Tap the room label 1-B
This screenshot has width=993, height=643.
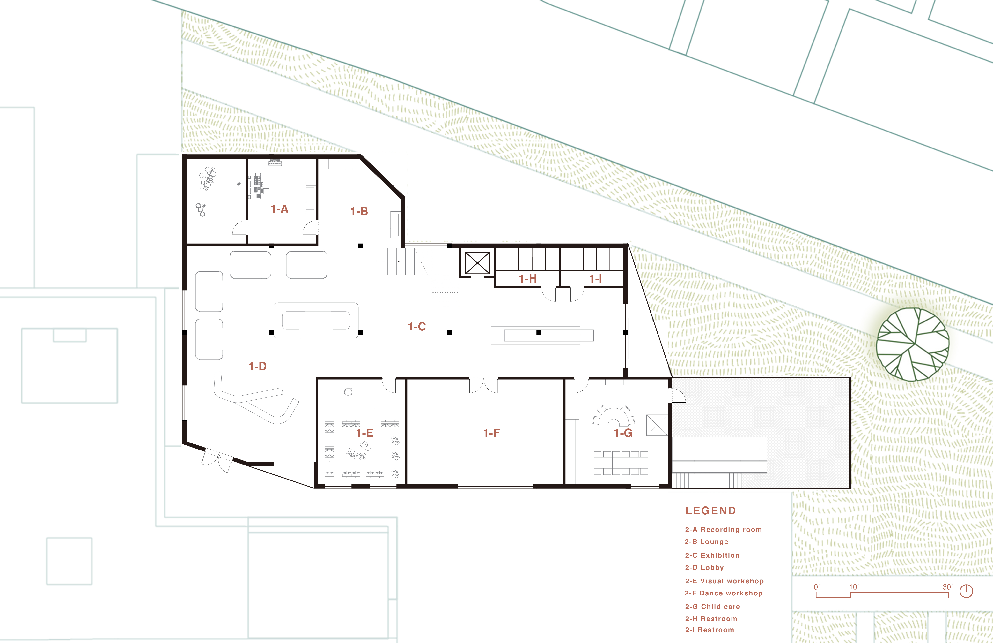(x=359, y=211)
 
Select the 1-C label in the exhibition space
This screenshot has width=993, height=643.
(x=417, y=327)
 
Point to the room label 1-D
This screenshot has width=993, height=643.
(x=257, y=366)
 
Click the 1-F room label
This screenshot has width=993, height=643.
(x=491, y=433)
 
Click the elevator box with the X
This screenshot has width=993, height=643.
(x=477, y=263)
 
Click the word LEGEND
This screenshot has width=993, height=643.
(x=710, y=511)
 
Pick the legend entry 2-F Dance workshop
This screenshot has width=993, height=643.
(x=724, y=593)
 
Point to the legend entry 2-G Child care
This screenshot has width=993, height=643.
(x=712, y=607)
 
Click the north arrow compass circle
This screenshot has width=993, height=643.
(x=966, y=591)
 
